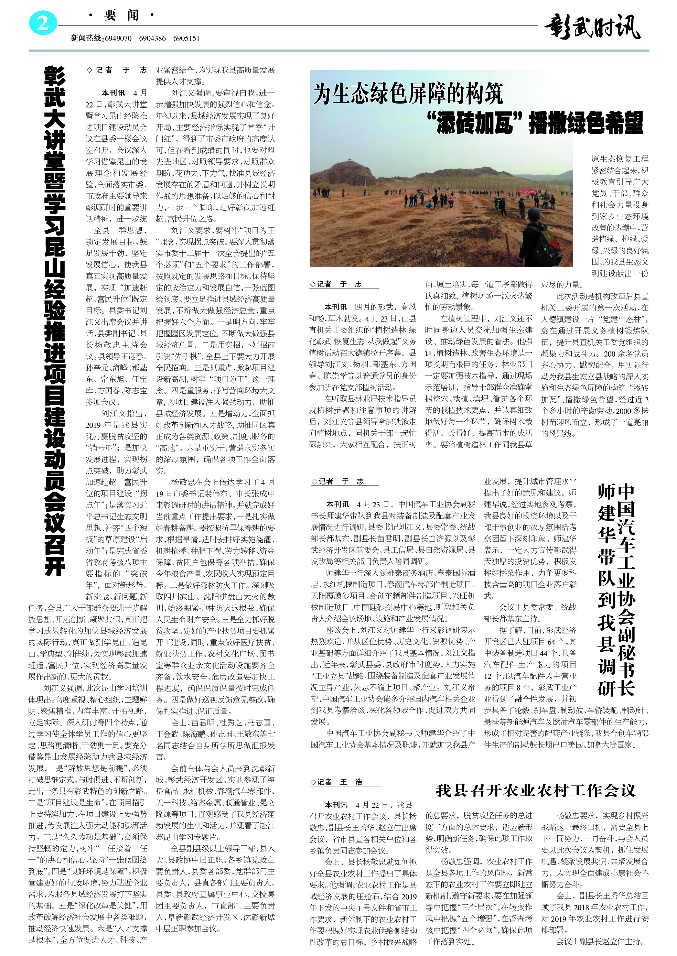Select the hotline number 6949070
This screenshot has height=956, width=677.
point(118,38)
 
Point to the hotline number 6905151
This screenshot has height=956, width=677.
point(186,38)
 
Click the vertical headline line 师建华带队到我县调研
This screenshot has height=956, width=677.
point(606,591)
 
